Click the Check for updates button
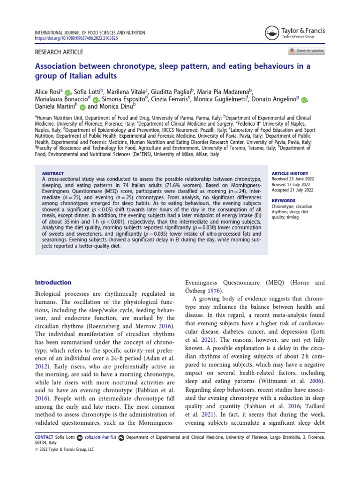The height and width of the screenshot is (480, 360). pyautogui.click(x=306, y=51)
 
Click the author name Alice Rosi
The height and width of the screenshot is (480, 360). pyautogui.click(x=48, y=91)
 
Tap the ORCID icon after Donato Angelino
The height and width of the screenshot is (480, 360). pyautogui.click(x=304, y=100)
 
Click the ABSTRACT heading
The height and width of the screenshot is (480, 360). pyautogui.click(x=53, y=173)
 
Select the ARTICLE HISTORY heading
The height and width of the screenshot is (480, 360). pyautogui.click(x=290, y=173)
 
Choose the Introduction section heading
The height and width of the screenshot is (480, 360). pyautogui.click(x=53, y=283)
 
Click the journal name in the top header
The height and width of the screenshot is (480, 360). pyautogui.click(x=90, y=32)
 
